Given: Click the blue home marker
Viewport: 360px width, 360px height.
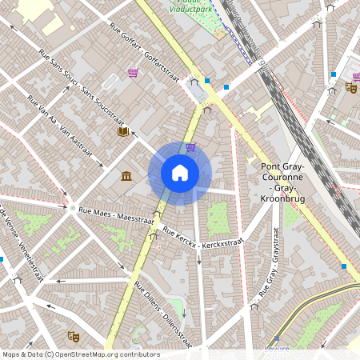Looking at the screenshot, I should (x=180, y=172).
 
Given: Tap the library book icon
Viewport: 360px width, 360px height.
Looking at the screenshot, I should (x=123, y=132).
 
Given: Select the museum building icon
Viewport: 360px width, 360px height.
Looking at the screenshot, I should (x=127, y=176).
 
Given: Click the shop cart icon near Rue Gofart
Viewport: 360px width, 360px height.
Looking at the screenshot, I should (x=133, y=73).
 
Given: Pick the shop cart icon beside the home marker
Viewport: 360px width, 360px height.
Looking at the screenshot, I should (x=190, y=147).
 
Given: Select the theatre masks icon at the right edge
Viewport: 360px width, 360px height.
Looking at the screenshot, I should (x=350, y=86).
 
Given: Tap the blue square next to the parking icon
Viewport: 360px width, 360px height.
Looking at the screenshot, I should (x=207, y=80).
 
